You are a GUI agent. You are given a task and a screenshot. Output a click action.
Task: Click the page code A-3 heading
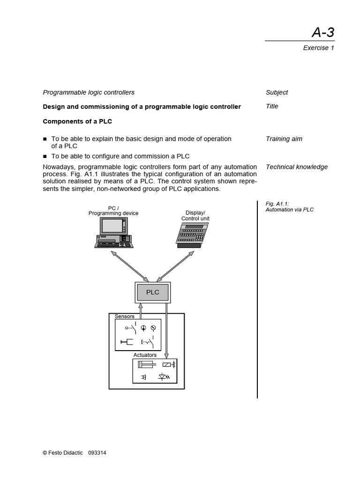point(323,32)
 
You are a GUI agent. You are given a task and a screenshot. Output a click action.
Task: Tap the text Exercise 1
point(318,48)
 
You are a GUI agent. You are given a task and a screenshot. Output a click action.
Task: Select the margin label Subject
point(277,92)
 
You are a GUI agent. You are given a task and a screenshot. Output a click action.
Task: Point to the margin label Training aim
point(284,139)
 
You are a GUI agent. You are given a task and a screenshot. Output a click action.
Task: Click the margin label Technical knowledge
point(296,167)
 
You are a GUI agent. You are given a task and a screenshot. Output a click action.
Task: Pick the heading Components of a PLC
point(77,121)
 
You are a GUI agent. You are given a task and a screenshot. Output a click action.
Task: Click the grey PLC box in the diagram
point(153,292)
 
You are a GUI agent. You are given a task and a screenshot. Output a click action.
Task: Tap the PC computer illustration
point(113,232)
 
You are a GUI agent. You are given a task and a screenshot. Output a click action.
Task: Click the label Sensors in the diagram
point(124,316)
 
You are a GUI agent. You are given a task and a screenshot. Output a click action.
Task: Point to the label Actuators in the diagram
point(145,355)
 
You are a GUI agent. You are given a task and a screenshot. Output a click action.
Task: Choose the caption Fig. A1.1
point(277,204)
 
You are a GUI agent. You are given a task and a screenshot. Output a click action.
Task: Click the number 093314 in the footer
point(97,453)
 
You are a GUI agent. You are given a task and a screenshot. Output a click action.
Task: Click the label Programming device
point(113,213)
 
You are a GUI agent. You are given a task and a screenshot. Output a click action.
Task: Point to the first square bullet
point(45,139)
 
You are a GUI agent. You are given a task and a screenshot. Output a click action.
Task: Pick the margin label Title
point(272,106)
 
